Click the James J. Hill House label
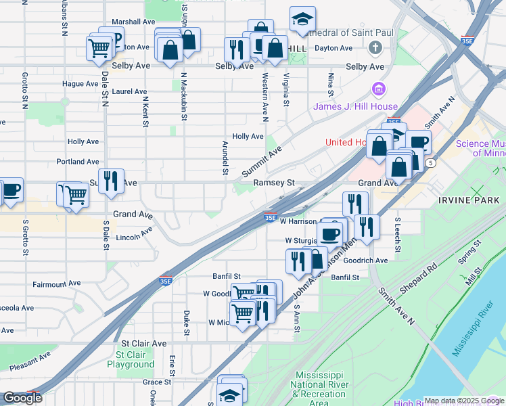(354, 107)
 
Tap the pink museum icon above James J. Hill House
(377, 89)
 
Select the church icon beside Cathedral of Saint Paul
(375, 48)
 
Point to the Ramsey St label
(275, 183)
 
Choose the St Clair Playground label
(135, 359)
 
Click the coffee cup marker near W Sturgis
(330, 234)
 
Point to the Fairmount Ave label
(56, 283)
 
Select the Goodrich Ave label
(365, 260)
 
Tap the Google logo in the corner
(22, 399)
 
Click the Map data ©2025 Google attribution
(464, 401)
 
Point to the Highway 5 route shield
(430, 163)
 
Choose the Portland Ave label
(78, 162)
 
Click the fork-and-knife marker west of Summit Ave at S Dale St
(112, 181)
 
